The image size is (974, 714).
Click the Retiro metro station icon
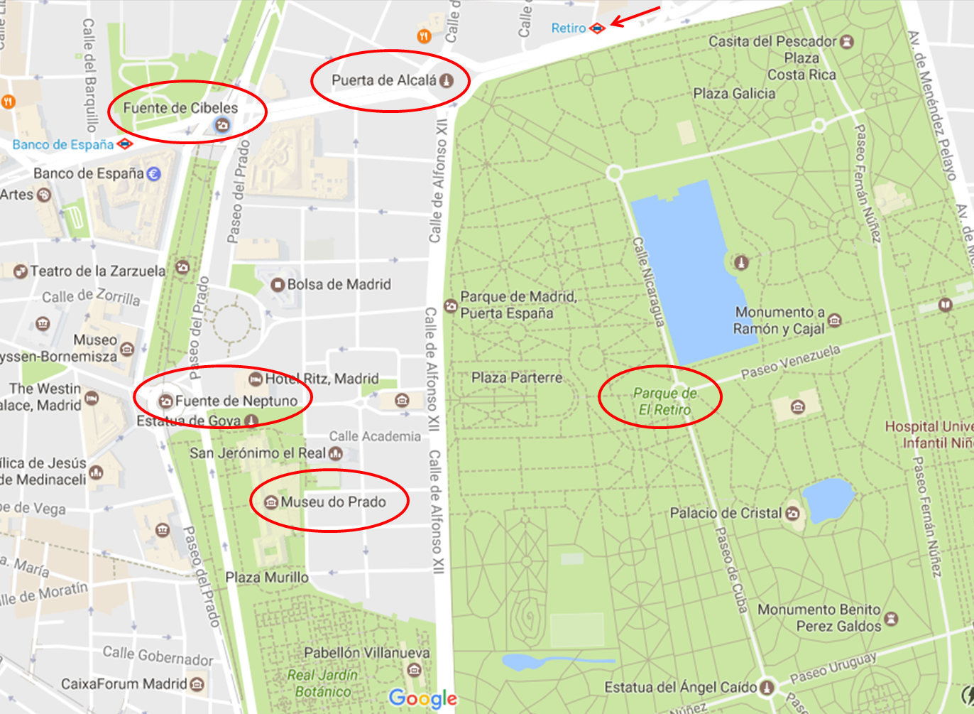point(598,28)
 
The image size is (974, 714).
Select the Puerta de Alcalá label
point(384,80)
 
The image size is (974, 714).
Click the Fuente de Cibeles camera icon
point(222,126)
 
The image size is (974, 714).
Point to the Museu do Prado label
point(333,502)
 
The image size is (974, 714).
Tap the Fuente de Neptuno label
point(236,401)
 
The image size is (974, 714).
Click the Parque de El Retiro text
point(664,401)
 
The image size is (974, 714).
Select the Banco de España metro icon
point(125,144)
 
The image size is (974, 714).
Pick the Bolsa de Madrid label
point(339,284)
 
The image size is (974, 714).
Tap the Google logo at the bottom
point(423,698)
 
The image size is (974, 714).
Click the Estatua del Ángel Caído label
point(680,687)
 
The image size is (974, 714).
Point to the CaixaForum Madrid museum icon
point(197,684)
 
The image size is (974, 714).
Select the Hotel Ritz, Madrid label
point(322,379)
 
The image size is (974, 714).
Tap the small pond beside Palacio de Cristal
point(828,499)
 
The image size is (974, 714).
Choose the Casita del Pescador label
point(772,41)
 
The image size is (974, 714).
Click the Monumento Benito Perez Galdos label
point(819,617)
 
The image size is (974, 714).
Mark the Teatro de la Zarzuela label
point(97,271)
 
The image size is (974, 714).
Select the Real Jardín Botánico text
point(323,683)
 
